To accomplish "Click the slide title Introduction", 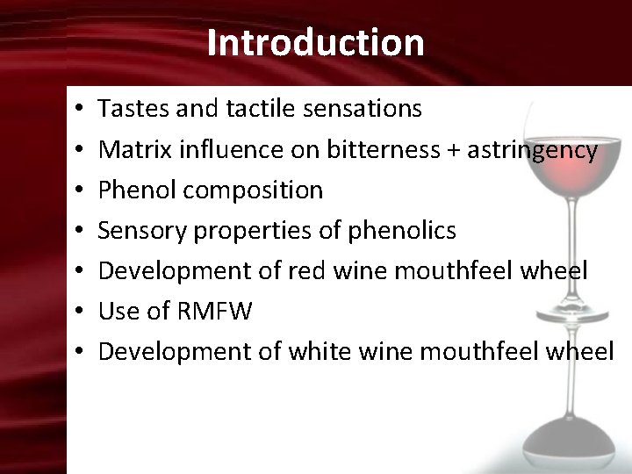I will pyautogui.click(x=316, y=42).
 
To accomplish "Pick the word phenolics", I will pyautogui.click(x=402, y=230).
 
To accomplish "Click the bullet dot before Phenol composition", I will pyautogui.click(x=79, y=190).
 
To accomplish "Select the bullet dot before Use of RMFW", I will pyautogui.click(x=79, y=312).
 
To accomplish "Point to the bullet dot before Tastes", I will pyautogui.click(x=79, y=110).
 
